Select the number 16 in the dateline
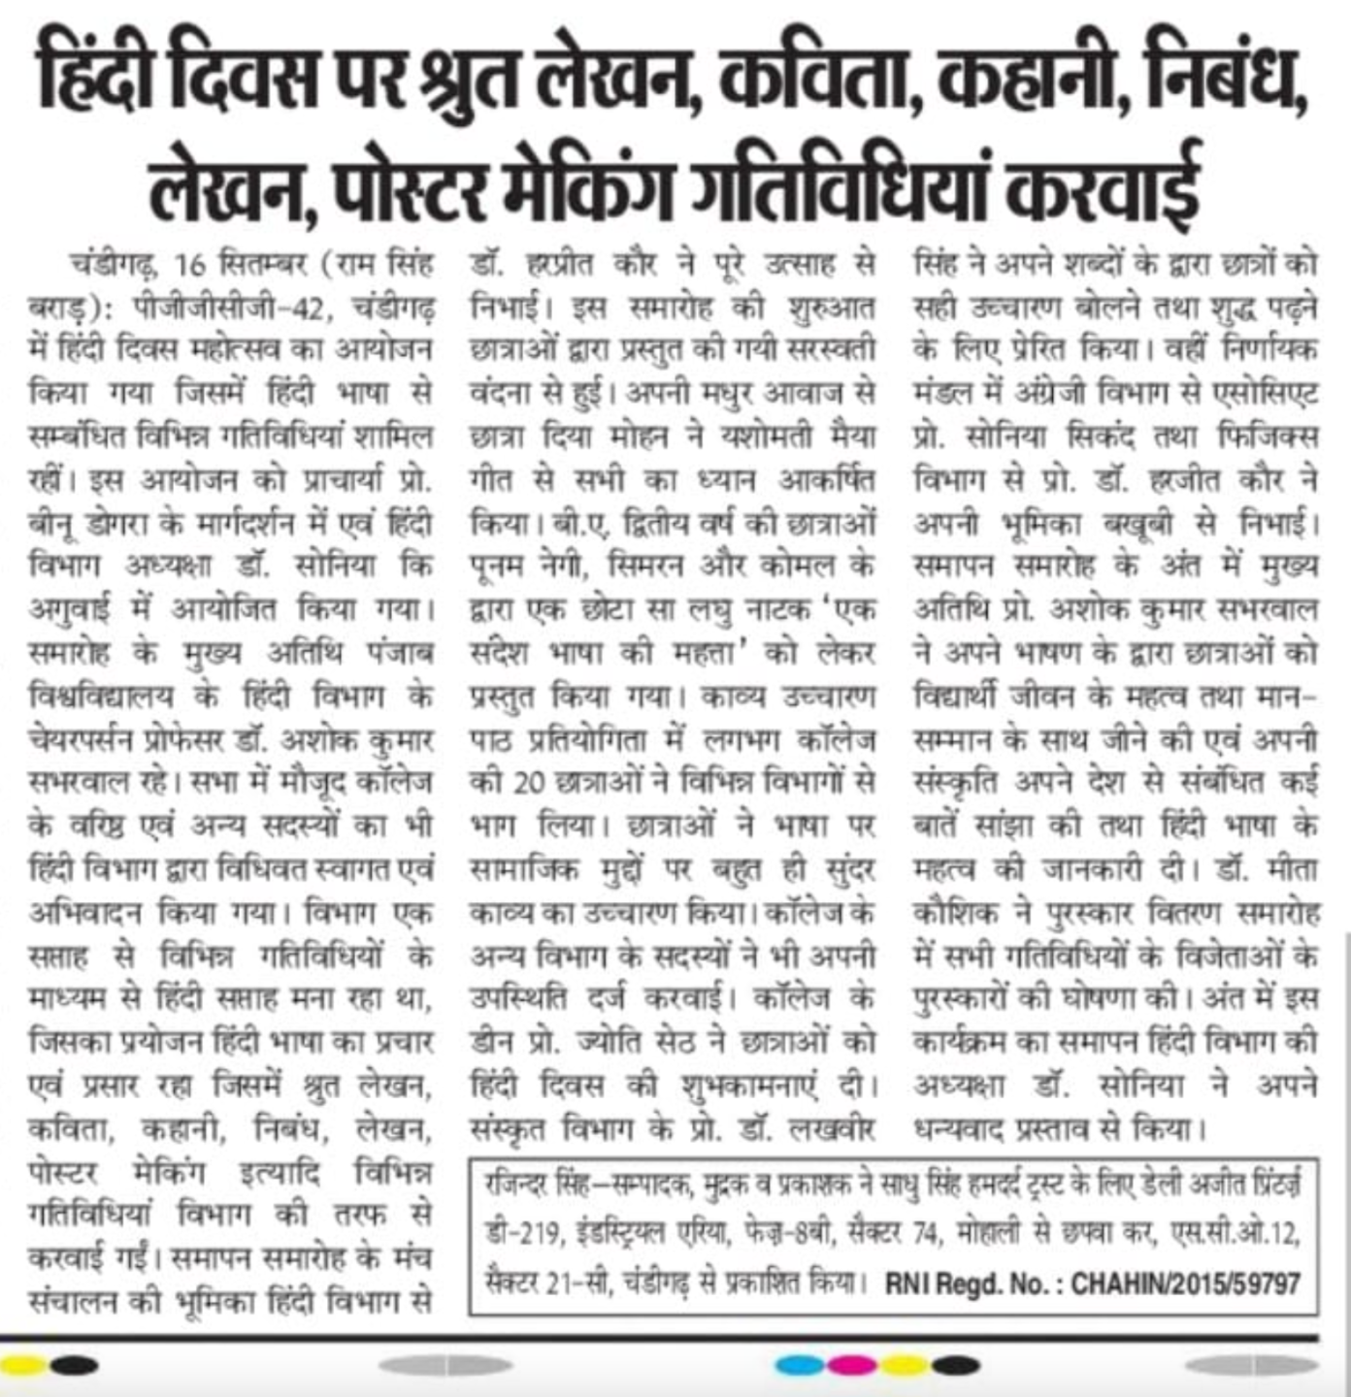tap(190, 264)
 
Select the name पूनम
tap(503, 566)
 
